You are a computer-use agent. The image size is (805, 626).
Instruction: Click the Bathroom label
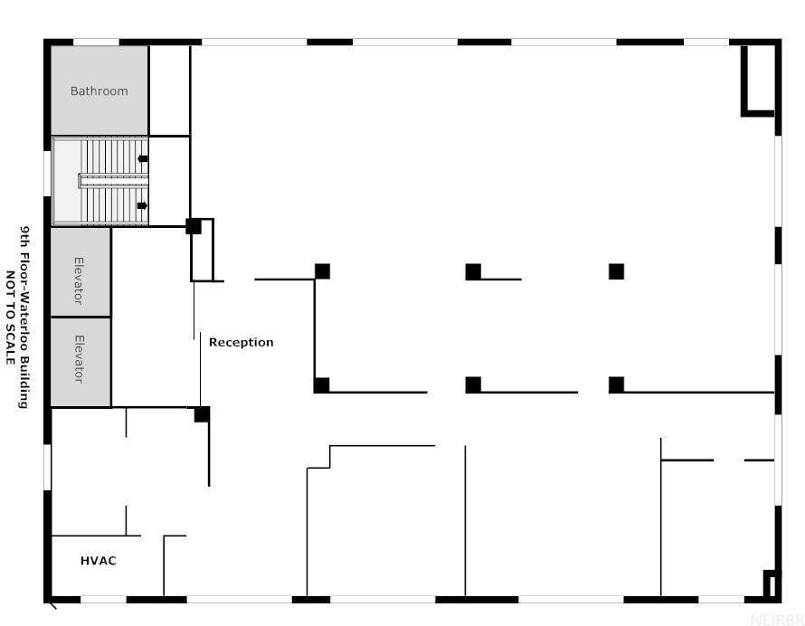[x=99, y=90]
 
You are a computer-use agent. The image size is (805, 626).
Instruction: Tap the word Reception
[x=241, y=343]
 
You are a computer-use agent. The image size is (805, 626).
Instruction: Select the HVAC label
[x=98, y=560]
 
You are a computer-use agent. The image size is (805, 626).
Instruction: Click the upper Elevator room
[x=80, y=272]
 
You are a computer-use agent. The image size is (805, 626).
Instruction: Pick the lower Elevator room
[x=80, y=362]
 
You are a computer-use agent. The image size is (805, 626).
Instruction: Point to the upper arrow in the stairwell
[x=143, y=158]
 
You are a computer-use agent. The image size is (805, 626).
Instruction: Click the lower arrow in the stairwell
[x=142, y=205]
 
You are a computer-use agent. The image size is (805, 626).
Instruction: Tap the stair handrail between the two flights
[x=113, y=181]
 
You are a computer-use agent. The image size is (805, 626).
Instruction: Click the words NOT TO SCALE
[x=10, y=318]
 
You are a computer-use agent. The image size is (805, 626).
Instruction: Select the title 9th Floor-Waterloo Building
[x=24, y=317]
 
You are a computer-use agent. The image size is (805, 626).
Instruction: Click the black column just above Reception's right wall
[x=322, y=271]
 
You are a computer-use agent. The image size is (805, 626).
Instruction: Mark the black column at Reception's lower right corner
[x=321, y=385]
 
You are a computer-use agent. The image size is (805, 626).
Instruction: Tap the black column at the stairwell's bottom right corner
[x=194, y=226]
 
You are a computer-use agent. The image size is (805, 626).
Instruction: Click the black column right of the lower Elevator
[x=202, y=414]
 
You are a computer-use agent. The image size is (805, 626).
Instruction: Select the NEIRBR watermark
[x=777, y=619]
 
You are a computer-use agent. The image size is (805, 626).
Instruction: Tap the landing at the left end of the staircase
[x=67, y=181]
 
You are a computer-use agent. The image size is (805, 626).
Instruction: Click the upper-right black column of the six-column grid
[x=617, y=271]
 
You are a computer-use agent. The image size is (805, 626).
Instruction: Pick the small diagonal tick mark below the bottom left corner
[x=52, y=606]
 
